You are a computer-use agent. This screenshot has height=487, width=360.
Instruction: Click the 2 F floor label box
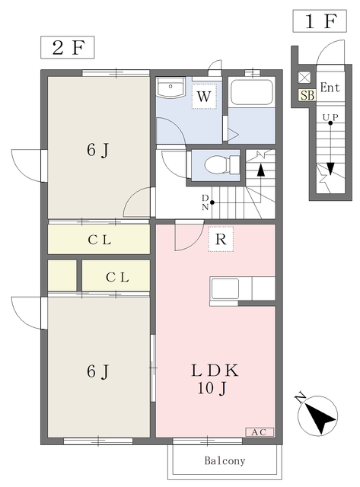(68, 47)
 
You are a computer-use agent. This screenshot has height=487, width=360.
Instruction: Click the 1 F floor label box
(320, 21)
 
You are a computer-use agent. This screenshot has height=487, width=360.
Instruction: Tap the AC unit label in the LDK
(260, 432)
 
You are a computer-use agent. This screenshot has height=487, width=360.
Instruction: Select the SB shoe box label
(307, 95)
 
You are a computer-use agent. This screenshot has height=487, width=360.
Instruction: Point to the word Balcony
(225, 460)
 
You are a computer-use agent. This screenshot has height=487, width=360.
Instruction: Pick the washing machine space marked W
(204, 97)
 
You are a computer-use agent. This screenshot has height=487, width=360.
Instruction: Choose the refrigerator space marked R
(221, 239)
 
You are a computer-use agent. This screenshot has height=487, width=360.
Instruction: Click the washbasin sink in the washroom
(170, 87)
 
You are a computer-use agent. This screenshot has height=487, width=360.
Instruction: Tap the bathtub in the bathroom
(251, 93)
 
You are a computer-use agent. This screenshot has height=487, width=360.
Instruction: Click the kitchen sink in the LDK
(225, 289)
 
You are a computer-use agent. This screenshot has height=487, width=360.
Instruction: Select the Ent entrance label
(330, 88)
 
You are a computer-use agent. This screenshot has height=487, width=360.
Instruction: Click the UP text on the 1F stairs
(330, 117)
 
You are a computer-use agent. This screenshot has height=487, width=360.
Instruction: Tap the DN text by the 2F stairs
(205, 202)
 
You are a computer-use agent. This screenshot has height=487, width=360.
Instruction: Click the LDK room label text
(215, 371)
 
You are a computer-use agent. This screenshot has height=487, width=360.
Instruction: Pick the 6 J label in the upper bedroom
(98, 151)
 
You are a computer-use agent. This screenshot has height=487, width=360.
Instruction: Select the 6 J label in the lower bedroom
(98, 371)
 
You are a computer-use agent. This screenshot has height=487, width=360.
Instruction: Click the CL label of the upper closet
(100, 240)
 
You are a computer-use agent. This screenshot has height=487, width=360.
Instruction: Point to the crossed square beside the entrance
(304, 78)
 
